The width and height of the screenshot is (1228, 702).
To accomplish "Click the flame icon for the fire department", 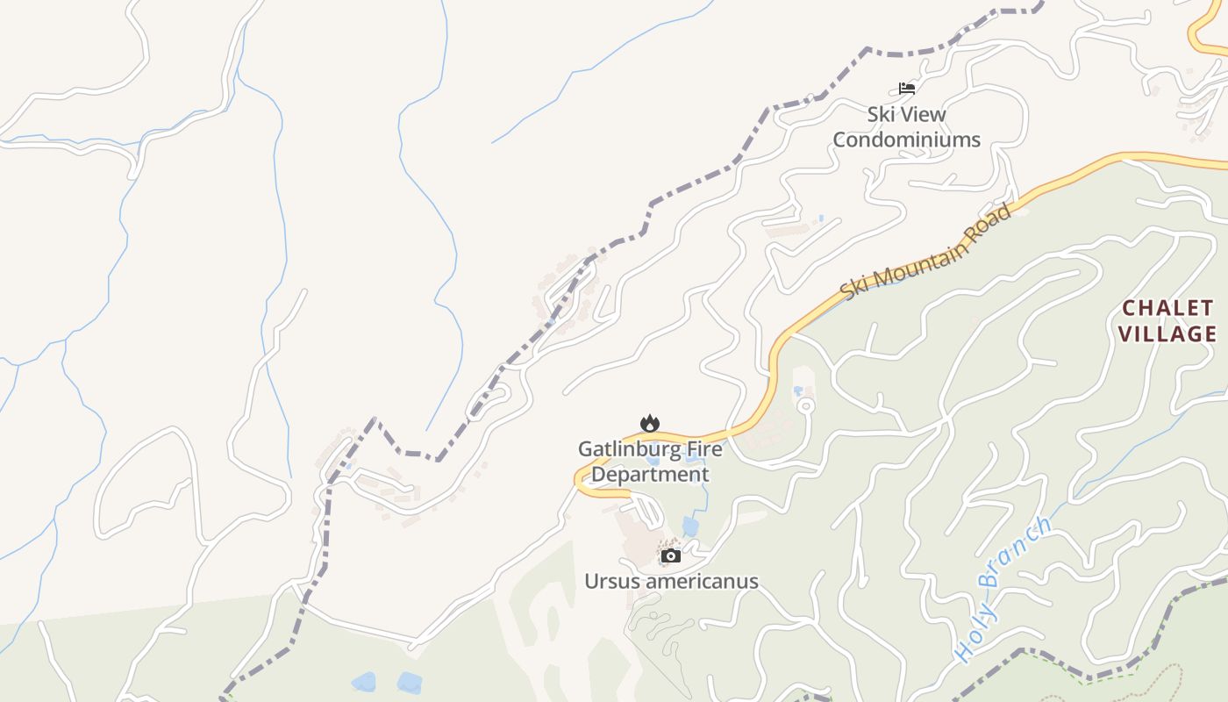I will pyautogui.click(x=649, y=424).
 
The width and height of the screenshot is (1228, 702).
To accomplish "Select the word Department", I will pyautogui.click(x=650, y=475).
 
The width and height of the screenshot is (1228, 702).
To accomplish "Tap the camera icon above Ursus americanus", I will pyautogui.click(x=671, y=555).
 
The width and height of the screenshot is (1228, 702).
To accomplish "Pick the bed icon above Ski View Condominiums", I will pyautogui.click(x=907, y=88).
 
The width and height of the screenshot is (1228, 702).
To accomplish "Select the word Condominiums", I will pyautogui.click(x=906, y=140).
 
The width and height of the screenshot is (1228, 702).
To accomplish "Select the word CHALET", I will pyautogui.click(x=1168, y=309).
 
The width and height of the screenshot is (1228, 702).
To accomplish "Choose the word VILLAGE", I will pyautogui.click(x=1167, y=334).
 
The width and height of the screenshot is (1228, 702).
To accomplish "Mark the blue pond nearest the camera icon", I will pyautogui.click(x=690, y=526).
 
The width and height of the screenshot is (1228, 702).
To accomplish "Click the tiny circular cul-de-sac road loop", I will pyautogui.click(x=805, y=406).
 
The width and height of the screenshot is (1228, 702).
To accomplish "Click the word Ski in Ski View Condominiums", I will pyautogui.click(x=882, y=114).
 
